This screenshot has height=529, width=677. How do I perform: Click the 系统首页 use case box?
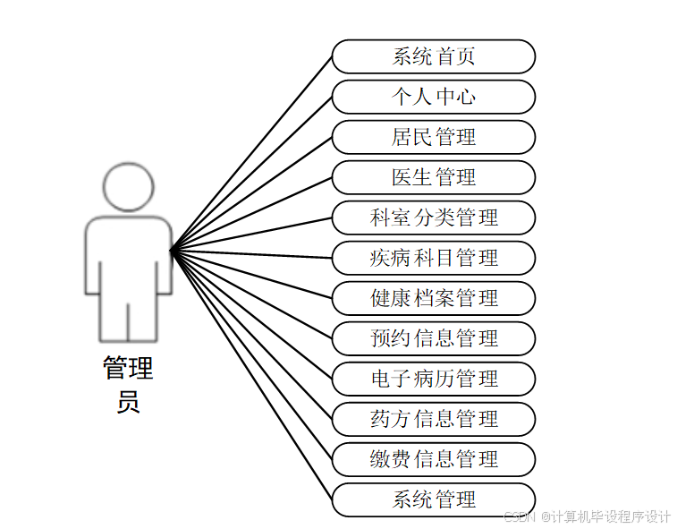pyautogui.click(x=434, y=56)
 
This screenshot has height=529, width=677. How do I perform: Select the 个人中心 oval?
pyautogui.click(x=434, y=97)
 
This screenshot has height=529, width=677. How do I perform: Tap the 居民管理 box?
pyautogui.click(x=434, y=137)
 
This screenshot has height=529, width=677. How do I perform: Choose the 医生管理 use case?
pyautogui.click(x=434, y=177)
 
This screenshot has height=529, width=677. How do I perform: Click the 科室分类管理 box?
pyautogui.click(x=434, y=218)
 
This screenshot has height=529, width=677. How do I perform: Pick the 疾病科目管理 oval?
pyautogui.click(x=434, y=258)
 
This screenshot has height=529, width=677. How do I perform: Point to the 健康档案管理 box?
pyautogui.click(x=434, y=298)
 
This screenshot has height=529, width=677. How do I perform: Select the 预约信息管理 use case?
pyautogui.click(x=434, y=338)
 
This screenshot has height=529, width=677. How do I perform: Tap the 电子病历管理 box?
pyautogui.click(x=434, y=379)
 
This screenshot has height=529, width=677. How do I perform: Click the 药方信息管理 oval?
pyautogui.click(x=434, y=419)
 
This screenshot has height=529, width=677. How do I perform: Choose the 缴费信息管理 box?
pyautogui.click(x=434, y=459)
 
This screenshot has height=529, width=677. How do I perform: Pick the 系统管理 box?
pyautogui.click(x=434, y=499)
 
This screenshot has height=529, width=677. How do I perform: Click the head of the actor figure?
pyautogui.click(x=129, y=185)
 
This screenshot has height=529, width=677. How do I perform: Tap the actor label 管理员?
pyautogui.click(x=128, y=384)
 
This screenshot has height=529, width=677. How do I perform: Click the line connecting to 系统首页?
pyautogui.click(x=251, y=153)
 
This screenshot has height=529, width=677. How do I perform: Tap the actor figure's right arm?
pyautogui.click(x=164, y=260)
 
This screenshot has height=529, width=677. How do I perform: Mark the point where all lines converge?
pyautogui.click(x=172, y=250)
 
